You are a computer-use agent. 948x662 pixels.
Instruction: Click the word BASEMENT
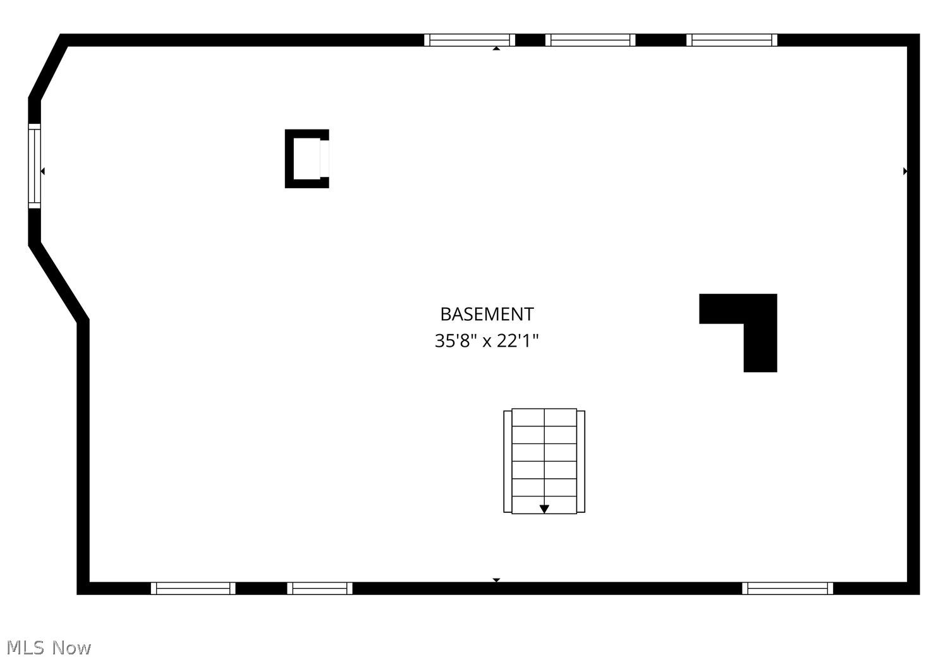coord(487,315)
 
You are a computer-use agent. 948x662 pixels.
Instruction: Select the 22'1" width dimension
coord(517,341)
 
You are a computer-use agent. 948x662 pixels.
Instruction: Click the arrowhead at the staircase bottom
coord(544,509)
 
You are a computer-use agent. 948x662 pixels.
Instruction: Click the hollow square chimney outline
coord(289,159)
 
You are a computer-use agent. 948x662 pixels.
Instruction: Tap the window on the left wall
coord(34,166)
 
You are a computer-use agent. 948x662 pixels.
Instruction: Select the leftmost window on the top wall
coord(470,40)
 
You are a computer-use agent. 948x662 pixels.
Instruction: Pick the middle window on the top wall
coord(590,40)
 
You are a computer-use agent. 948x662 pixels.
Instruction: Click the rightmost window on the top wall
coord(732,40)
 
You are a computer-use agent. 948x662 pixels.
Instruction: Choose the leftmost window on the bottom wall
coord(193,588)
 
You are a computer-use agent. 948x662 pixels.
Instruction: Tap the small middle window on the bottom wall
coord(320,588)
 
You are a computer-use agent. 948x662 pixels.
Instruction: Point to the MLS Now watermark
coord(49,647)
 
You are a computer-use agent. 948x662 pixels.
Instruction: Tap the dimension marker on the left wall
coord(42,171)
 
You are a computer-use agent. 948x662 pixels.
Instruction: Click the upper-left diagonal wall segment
coord(48,67)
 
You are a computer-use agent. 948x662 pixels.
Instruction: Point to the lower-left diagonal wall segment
coord(58,282)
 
